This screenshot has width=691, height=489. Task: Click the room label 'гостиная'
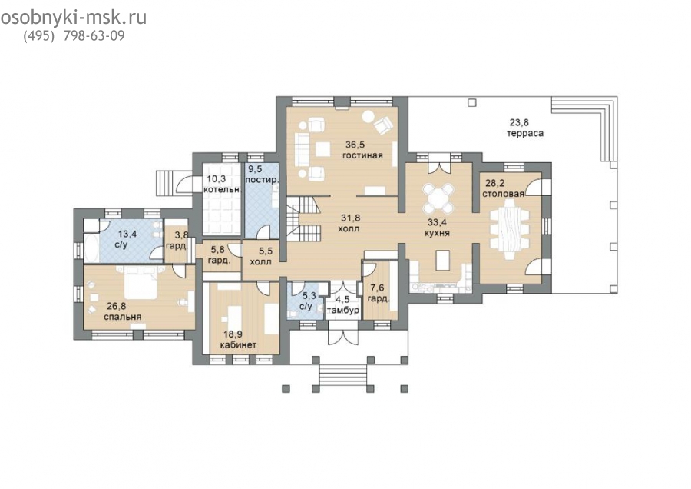click(362, 155)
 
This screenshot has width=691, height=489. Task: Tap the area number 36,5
click(355, 145)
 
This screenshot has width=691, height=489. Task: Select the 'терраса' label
click(525, 133)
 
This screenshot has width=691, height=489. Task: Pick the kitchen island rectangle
click(442, 260)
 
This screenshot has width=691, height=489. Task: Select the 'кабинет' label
click(238, 344)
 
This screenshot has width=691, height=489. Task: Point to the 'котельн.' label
click(222, 189)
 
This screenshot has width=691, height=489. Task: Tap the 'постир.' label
click(263, 180)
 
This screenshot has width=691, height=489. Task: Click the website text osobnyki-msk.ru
click(74, 18)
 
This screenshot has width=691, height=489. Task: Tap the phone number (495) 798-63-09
click(74, 35)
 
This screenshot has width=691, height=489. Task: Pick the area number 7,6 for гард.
click(376, 288)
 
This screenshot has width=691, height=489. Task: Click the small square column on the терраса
click(472, 103)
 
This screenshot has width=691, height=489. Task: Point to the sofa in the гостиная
click(303, 146)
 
